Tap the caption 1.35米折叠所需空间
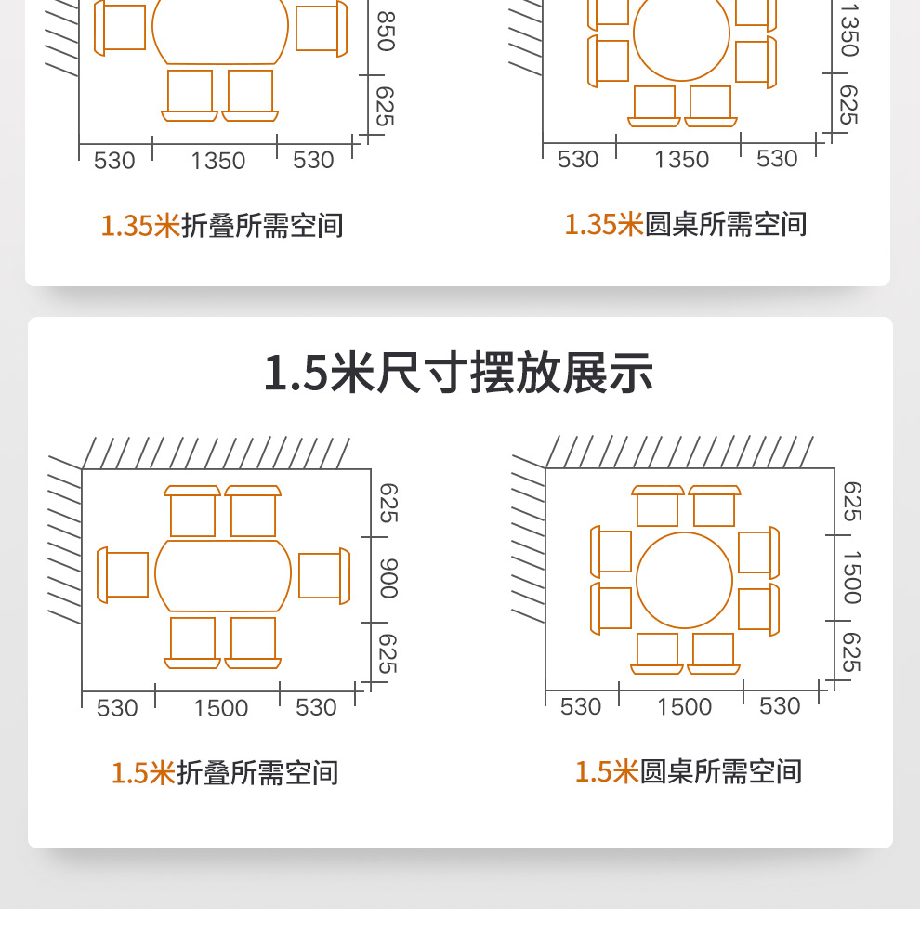pos(222,226)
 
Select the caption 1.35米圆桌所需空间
pos(686,225)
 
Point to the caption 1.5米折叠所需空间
pos(225,773)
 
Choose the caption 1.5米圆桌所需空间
pos(688,771)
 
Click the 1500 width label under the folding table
pos(221,709)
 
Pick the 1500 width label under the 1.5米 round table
pos(684,707)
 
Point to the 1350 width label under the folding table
pos(218,162)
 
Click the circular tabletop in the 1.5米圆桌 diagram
pos(685,580)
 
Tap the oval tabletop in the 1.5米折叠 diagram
pos(223,576)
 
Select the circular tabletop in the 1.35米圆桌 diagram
pos(682,33)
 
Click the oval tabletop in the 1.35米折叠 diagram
pos(219,31)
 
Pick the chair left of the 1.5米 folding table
pos(124,574)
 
